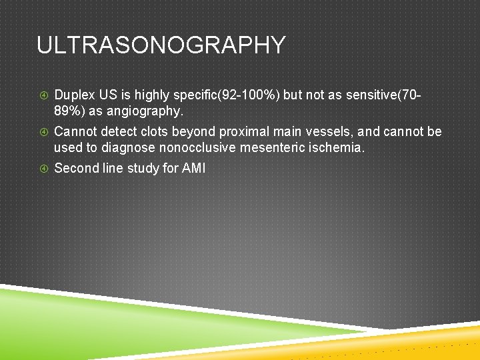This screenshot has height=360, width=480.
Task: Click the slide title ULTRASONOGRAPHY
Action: (x=161, y=45)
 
